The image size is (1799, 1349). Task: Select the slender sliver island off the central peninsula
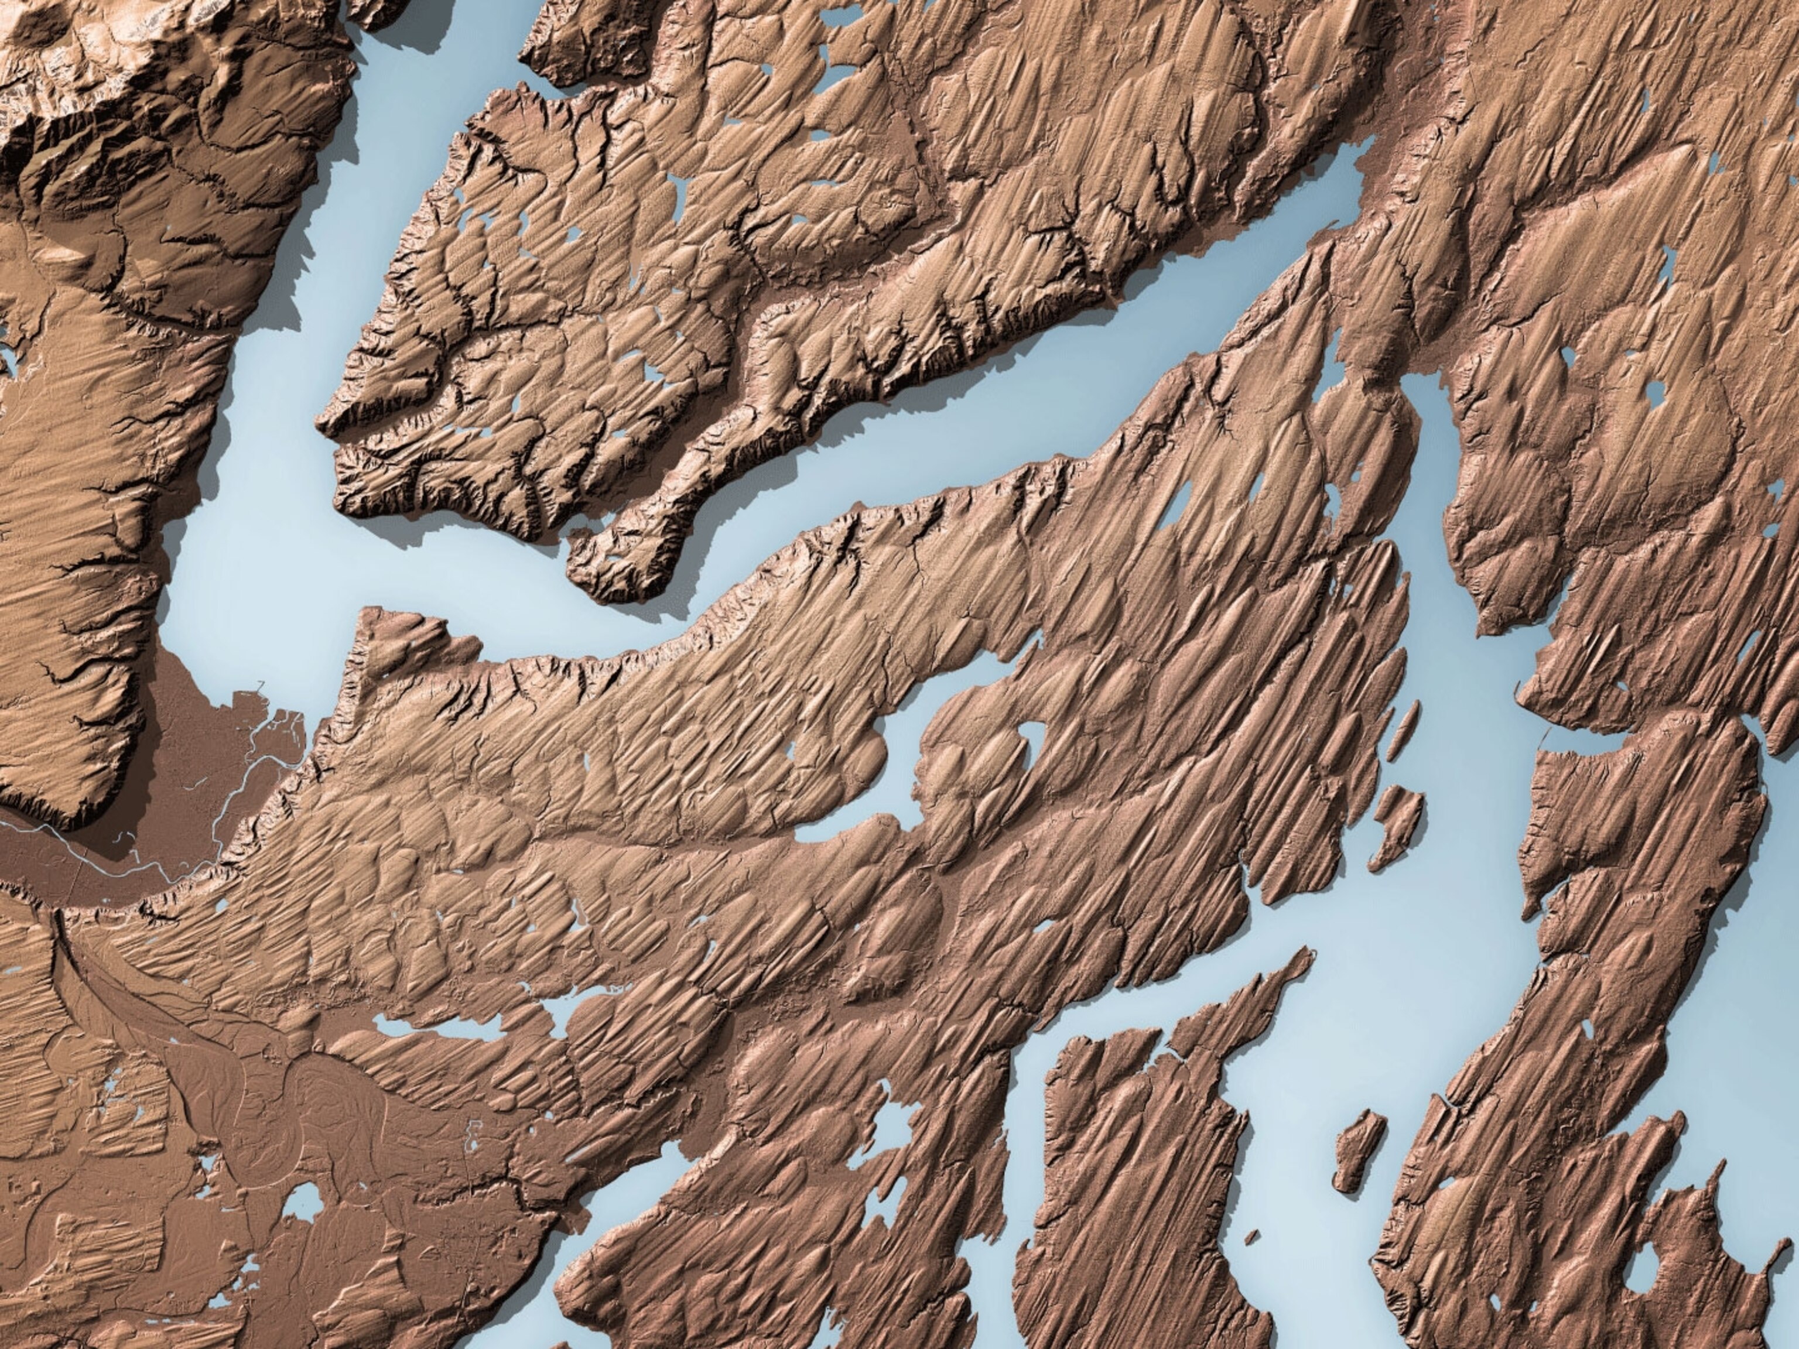(x=1401, y=734)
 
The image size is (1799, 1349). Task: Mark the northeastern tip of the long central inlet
(x=1037, y=642)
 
